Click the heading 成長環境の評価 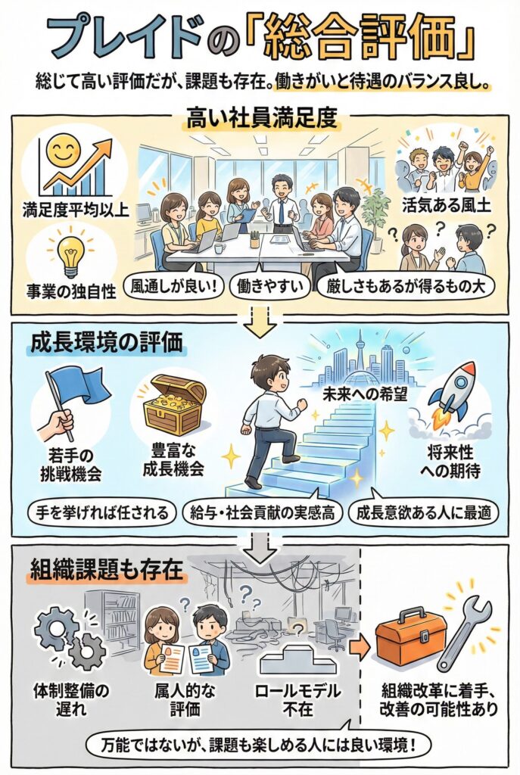[x=107, y=344]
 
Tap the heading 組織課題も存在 [x=107, y=568]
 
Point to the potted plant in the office [x=376, y=213]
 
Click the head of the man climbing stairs [x=270, y=372]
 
